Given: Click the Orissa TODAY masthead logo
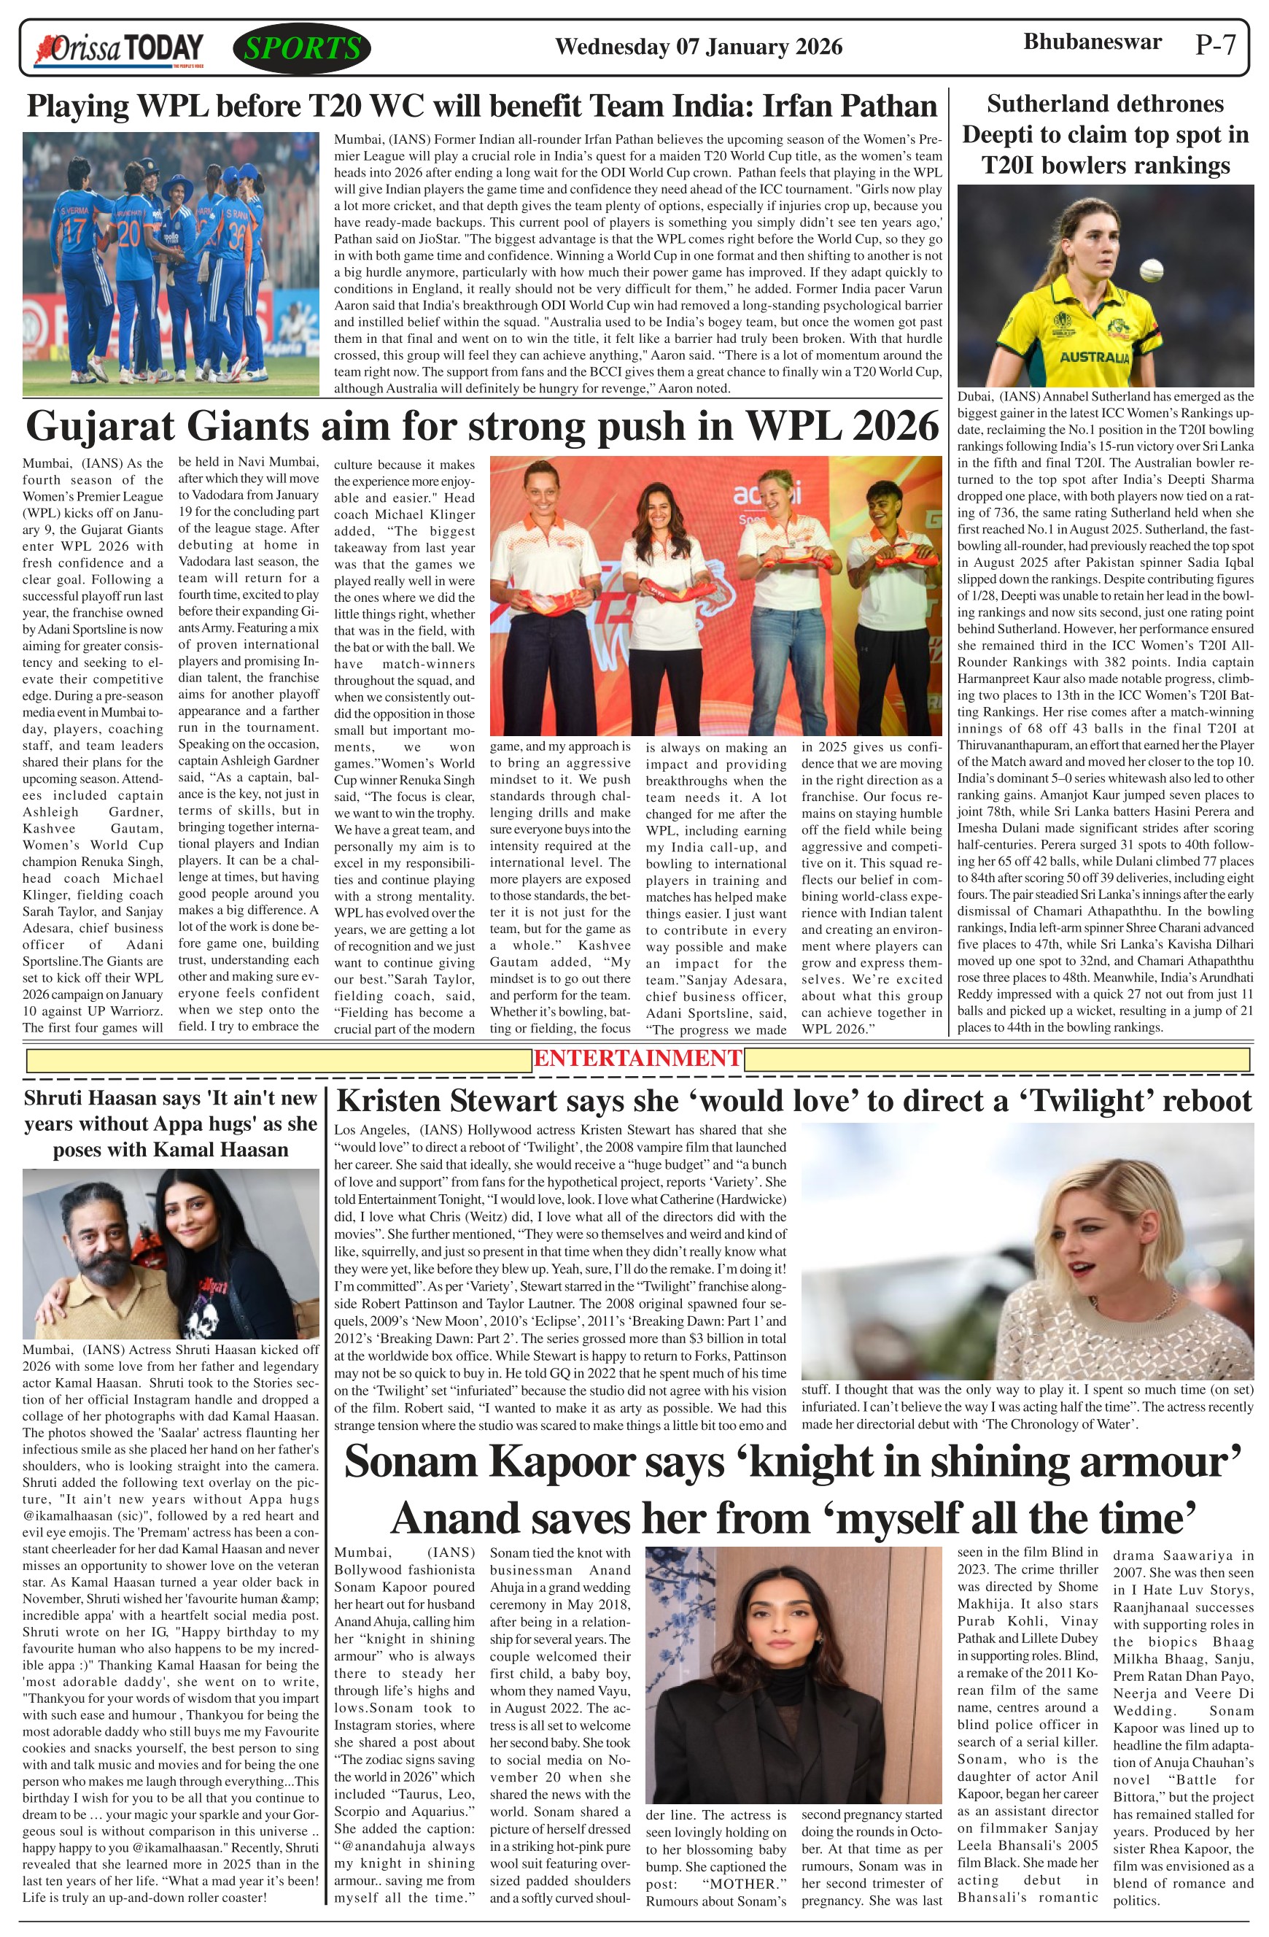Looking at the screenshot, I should (118, 50).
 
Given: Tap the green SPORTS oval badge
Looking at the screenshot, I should (302, 49).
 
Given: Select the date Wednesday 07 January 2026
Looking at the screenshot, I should (698, 47).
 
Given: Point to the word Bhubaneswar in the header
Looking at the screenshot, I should (1092, 42).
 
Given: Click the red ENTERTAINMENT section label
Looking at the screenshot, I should (637, 1058).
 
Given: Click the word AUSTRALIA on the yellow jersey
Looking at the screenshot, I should (1094, 357).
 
